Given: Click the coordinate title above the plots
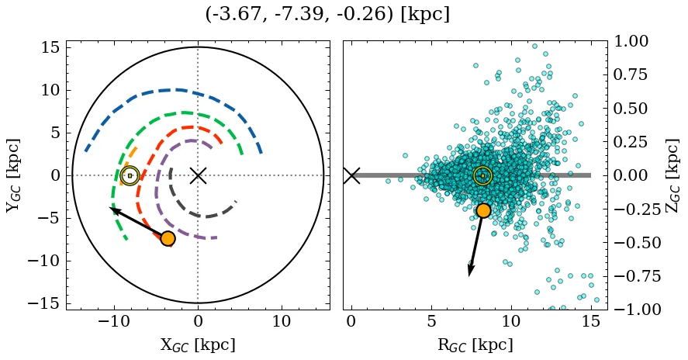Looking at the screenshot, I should [327, 15].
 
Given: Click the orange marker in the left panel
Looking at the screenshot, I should [168, 238].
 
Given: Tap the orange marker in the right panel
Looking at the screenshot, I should [483, 210].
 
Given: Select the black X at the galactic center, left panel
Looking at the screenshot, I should [198, 175].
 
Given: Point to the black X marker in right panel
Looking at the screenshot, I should [351, 175].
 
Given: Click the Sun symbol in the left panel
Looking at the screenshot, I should [130, 175].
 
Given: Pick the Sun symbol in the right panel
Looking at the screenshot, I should [482, 175].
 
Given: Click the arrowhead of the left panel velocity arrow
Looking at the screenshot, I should [113, 209].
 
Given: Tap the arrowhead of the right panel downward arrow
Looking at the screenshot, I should [470, 272].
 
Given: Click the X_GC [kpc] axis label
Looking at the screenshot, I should [198, 345].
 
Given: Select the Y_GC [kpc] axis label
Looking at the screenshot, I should [14, 175].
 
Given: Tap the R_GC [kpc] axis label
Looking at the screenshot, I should [475, 345].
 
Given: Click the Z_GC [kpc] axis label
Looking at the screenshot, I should [673, 175].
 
